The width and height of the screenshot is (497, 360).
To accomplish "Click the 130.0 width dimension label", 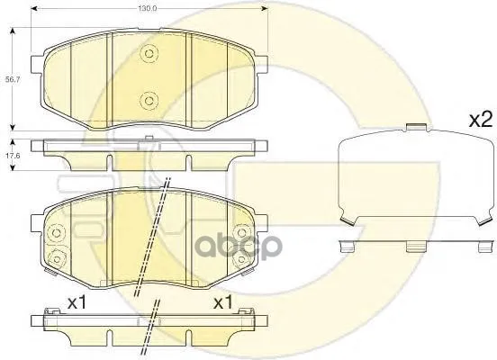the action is [148, 9].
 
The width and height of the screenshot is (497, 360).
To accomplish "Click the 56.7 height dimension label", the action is [13, 80].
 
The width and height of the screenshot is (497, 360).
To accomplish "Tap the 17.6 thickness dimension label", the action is [13, 156].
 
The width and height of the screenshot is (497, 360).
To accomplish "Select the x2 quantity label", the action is [481, 120].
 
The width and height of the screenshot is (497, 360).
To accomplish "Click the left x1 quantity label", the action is [77, 303].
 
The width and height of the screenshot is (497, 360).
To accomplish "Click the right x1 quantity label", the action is [223, 303].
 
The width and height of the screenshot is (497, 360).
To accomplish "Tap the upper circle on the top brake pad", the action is [149, 53].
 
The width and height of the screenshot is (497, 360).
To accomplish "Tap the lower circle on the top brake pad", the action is [149, 101].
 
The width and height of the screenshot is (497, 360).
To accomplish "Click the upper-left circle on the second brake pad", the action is [57, 233].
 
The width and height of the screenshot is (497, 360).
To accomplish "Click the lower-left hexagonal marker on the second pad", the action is [57, 259].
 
